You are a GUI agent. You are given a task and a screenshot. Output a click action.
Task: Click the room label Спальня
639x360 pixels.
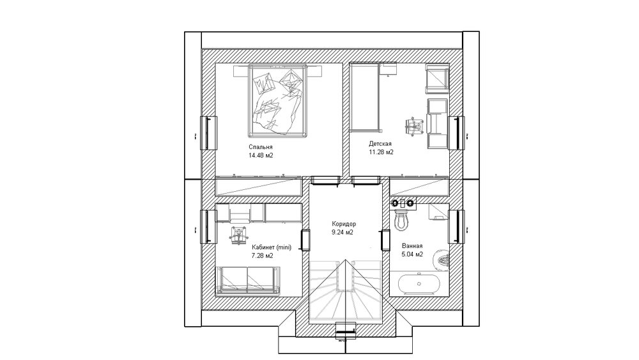[261, 147]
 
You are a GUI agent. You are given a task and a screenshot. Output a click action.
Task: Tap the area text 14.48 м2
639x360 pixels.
[261, 155]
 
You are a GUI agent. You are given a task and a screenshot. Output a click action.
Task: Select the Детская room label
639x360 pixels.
[380, 144]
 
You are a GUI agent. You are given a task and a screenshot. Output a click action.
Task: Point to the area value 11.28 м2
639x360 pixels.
[381, 152]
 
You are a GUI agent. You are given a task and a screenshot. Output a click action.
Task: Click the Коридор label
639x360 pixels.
[344, 224]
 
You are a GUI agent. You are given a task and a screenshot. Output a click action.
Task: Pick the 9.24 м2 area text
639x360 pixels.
[343, 232]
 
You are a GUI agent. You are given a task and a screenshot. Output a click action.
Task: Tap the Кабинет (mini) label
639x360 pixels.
[272, 247]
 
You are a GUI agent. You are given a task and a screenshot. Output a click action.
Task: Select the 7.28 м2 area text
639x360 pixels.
[263, 256]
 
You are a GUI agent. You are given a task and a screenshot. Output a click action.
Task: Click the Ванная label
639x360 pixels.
[412, 246]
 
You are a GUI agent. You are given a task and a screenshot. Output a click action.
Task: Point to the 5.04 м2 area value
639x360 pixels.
[412, 254]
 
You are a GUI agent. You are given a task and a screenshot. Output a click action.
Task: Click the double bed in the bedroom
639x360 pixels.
[277, 101]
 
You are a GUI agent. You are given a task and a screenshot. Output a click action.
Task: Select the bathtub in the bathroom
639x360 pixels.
[419, 284]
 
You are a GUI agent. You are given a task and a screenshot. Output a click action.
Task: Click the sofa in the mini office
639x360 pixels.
[249, 280]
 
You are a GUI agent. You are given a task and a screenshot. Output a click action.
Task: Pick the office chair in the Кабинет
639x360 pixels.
[238, 235]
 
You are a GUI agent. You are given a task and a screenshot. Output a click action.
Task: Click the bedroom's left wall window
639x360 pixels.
[208, 133]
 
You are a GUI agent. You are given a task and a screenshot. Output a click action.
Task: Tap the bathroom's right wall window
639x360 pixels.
[457, 227]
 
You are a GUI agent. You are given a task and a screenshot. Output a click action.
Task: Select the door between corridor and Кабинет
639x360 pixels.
[305, 240]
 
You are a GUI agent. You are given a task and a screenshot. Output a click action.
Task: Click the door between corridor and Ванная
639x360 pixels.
[385, 240]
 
